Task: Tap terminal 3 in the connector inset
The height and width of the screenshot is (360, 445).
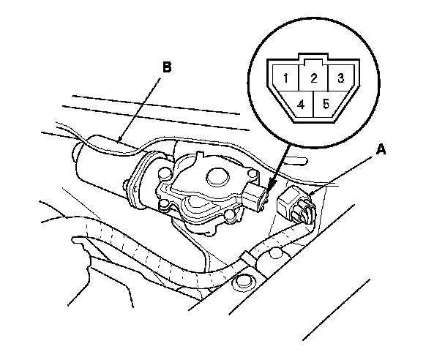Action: (340, 77)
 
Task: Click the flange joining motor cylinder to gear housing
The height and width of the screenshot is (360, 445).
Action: (136, 183)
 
